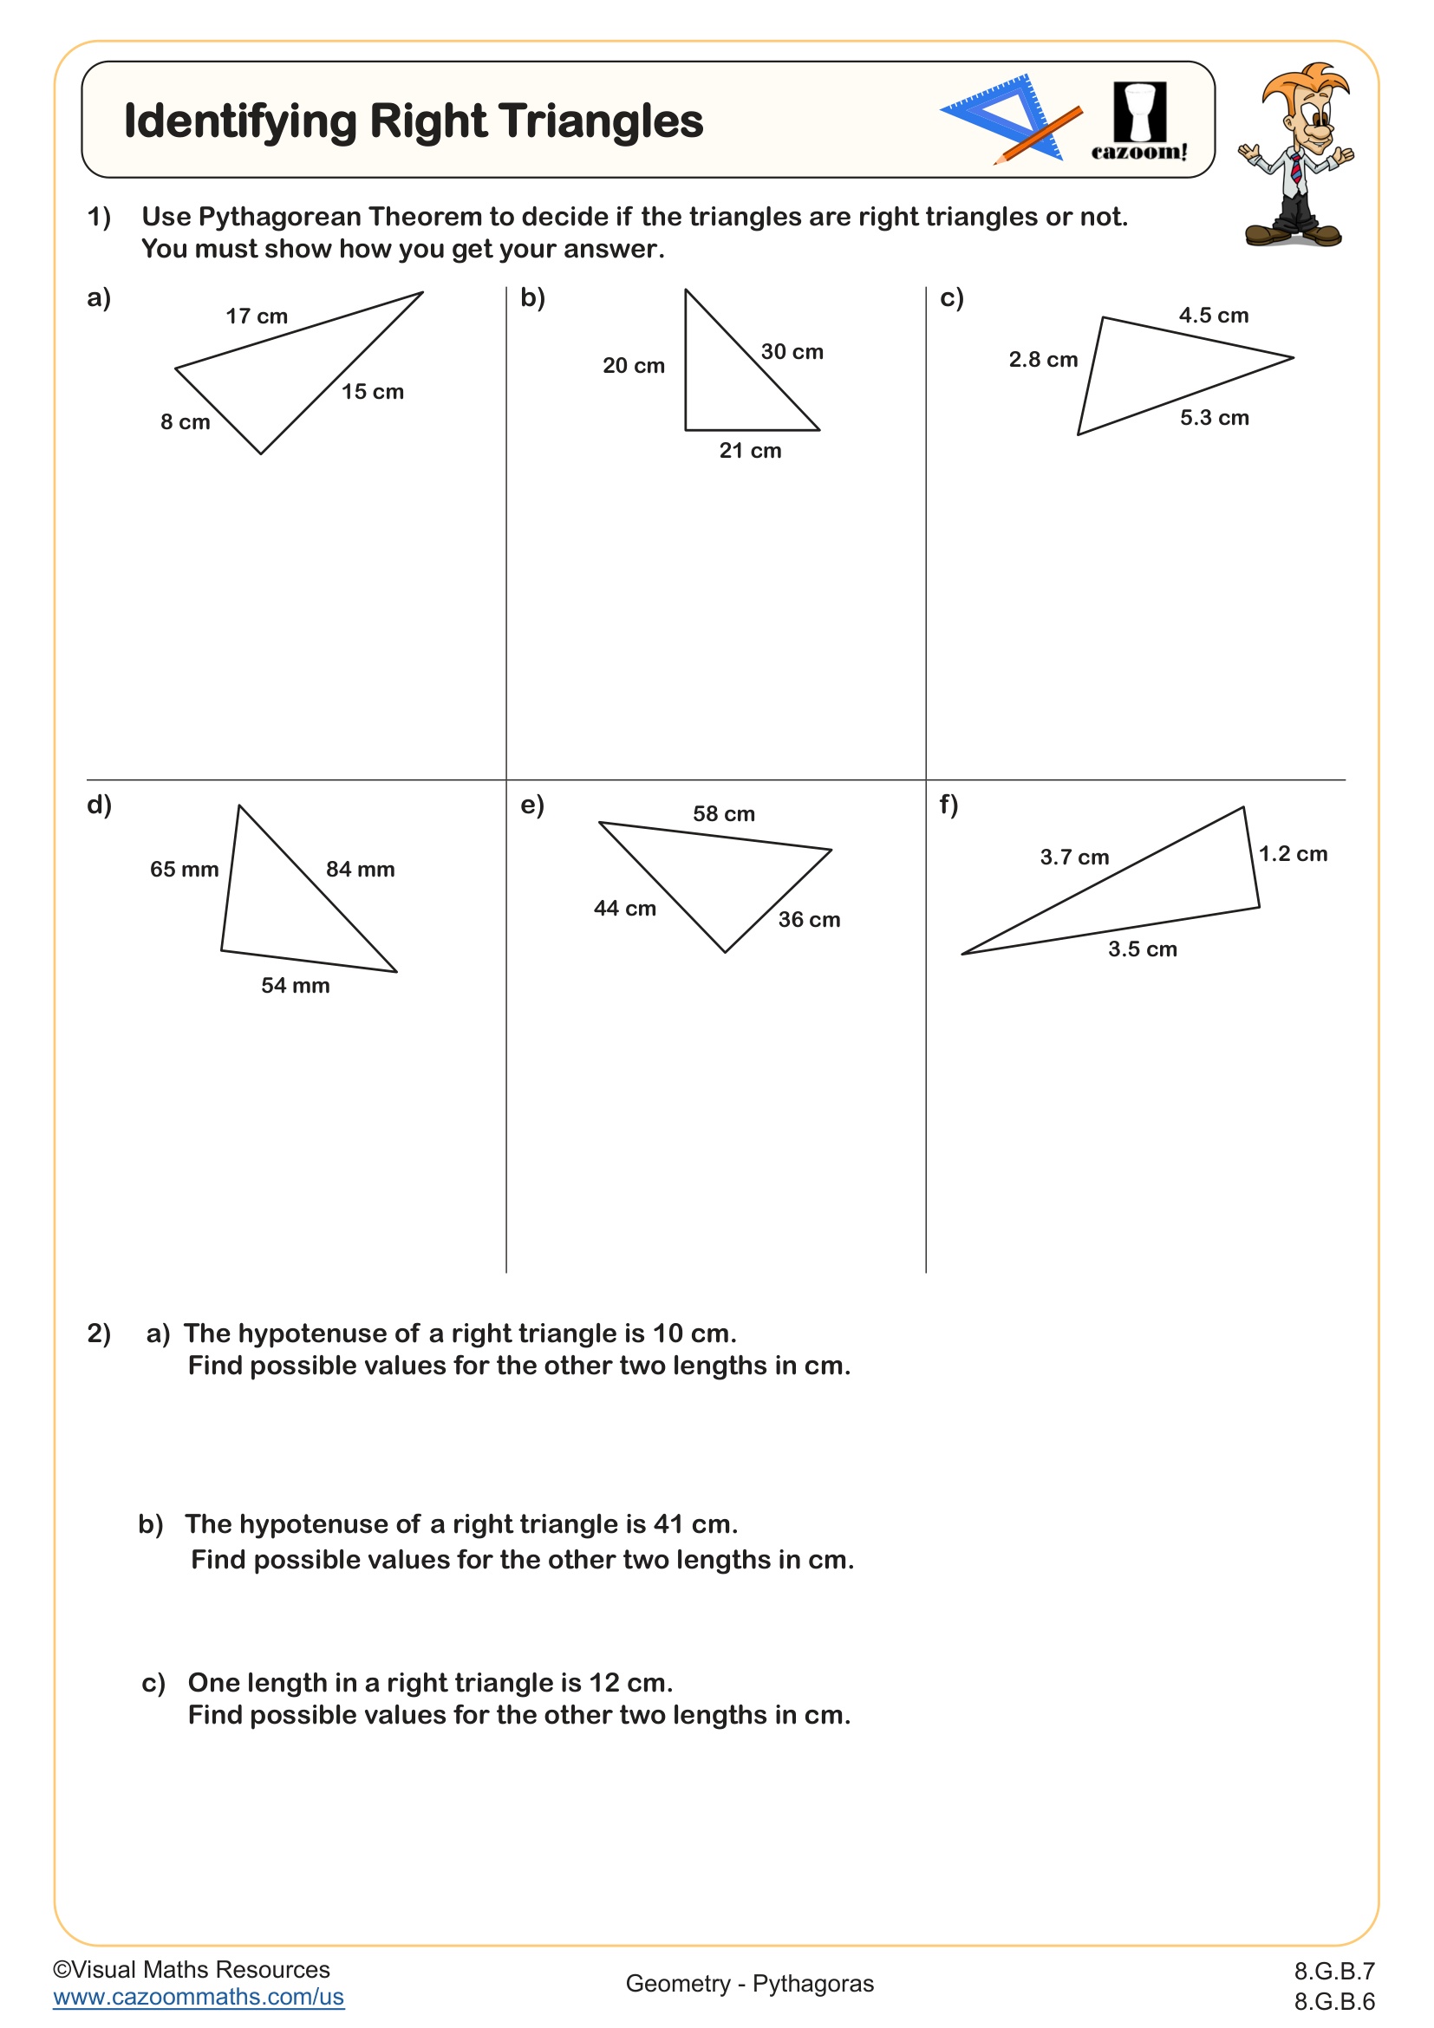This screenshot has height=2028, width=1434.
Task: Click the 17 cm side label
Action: (x=256, y=316)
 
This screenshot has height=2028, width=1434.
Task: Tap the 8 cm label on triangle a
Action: (x=186, y=422)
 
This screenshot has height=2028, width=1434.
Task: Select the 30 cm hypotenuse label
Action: (x=792, y=351)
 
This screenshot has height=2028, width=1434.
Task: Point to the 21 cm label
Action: (x=750, y=451)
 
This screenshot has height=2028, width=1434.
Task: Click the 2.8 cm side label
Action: (x=1043, y=360)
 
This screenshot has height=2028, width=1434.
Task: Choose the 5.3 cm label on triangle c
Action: (x=1214, y=418)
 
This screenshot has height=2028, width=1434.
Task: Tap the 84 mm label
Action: (x=361, y=869)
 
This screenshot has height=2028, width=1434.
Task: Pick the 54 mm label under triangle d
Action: (x=295, y=986)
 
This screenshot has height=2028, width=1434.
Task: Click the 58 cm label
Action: (x=723, y=813)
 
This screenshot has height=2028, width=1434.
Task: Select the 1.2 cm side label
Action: (x=1293, y=853)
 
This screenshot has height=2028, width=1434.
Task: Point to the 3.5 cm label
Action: (x=1143, y=949)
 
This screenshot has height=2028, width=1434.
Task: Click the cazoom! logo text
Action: (x=1139, y=152)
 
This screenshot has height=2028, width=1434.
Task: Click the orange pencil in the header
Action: (x=1038, y=135)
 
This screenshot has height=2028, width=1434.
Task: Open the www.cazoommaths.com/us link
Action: (x=199, y=1997)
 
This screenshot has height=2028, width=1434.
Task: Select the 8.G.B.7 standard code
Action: (x=1334, y=1971)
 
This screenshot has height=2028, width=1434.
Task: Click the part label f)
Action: (x=948, y=805)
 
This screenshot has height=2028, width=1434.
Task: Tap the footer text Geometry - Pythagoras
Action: (x=750, y=1984)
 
